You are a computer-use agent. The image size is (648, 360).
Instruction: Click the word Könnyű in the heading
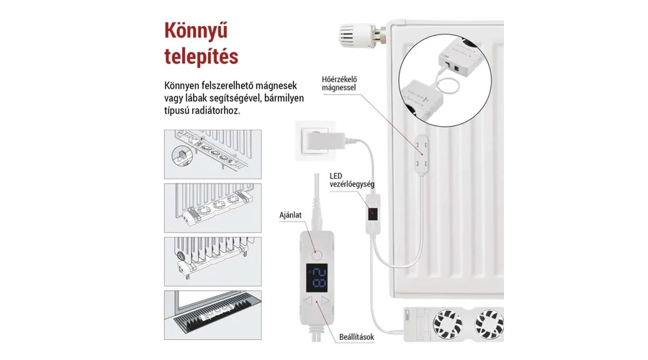coord(192,32)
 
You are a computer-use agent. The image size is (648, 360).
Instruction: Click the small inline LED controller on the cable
coord(372,214)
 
